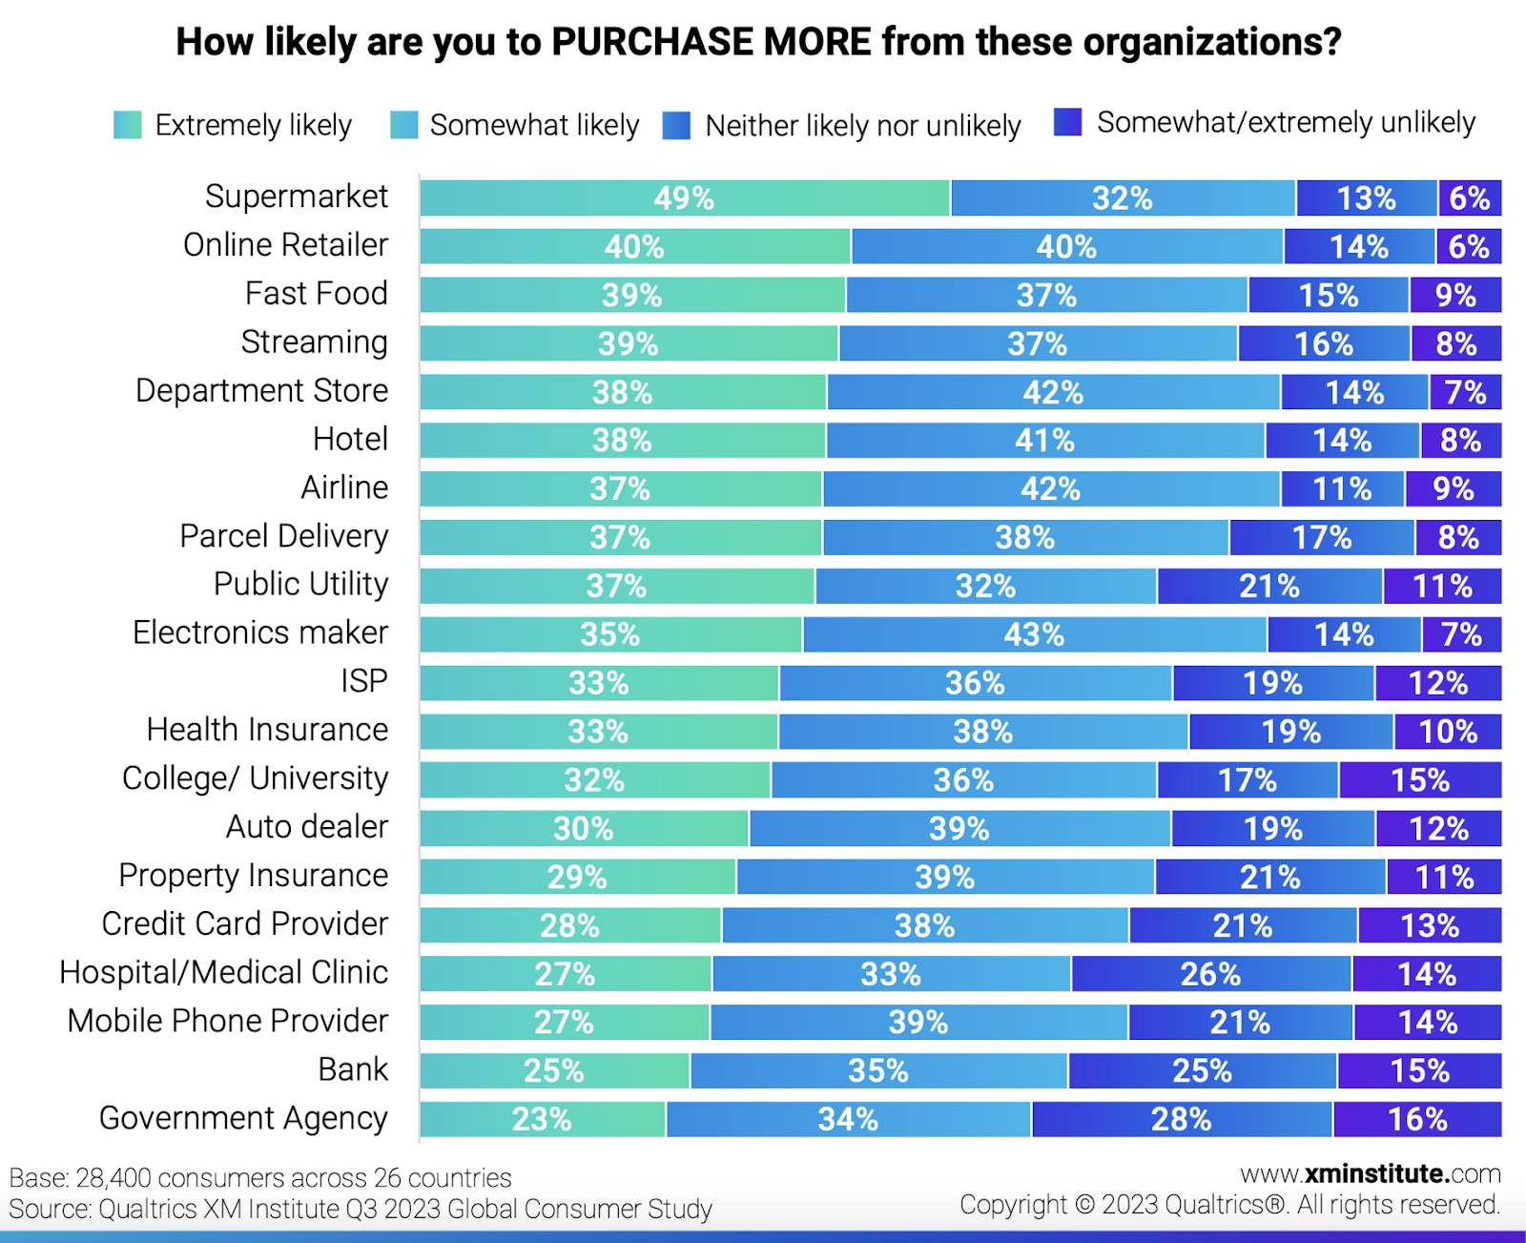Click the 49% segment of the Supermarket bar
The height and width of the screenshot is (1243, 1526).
point(684,198)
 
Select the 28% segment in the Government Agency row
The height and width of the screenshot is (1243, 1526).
point(1181,1119)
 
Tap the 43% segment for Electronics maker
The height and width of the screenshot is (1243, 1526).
point(1034,634)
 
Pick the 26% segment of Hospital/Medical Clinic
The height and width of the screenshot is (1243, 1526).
point(1210,974)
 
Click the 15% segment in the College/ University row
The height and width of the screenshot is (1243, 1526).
point(1419,780)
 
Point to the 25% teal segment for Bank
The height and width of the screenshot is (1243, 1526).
point(554,1070)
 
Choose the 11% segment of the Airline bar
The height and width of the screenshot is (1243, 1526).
point(1341,489)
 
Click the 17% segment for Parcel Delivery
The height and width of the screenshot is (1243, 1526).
point(1321,538)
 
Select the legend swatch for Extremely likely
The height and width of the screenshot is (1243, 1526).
point(128,125)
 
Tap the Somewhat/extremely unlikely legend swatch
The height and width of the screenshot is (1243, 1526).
point(1067,122)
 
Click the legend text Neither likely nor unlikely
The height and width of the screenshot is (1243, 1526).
point(862,126)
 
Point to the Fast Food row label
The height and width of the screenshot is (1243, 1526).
point(316,293)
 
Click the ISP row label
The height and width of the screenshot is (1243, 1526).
point(363,681)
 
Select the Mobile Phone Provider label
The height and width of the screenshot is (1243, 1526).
point(228,1021)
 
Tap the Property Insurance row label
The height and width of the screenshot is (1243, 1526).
point(253,875)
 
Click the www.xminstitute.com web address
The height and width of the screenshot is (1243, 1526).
point(1370,1173)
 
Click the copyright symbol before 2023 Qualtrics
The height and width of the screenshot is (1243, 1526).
point(1083,1205)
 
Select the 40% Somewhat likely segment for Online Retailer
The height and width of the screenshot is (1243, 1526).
point(1066,247)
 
